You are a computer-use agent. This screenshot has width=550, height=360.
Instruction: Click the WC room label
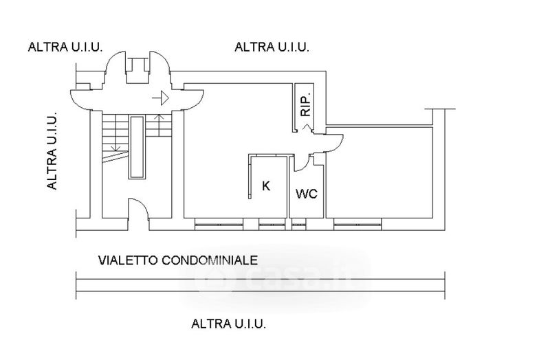306,194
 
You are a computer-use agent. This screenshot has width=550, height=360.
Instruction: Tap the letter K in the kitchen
266,185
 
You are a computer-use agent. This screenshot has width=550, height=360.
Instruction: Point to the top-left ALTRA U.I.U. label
65,47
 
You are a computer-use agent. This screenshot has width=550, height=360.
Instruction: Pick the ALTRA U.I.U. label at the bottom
229,323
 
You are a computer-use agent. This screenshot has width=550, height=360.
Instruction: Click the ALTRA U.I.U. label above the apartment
272,47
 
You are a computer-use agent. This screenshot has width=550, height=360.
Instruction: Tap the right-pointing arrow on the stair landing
162,98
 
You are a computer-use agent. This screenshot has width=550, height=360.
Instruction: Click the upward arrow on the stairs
159,124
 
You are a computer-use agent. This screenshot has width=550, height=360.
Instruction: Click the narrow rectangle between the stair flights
137,148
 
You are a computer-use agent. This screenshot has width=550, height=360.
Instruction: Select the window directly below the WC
298,223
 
